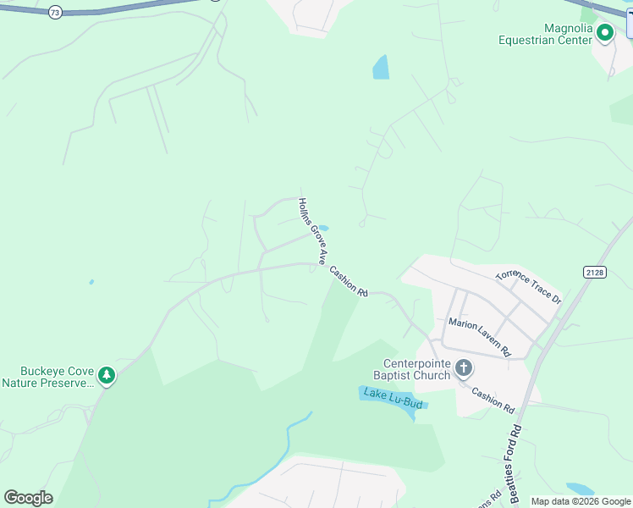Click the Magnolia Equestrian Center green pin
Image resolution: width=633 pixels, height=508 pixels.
point(605,33)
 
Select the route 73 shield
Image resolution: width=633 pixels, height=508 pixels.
point(55,13)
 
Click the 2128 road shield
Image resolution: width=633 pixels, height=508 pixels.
point(594,271)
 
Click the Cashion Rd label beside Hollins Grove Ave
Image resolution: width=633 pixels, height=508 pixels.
point(349,282)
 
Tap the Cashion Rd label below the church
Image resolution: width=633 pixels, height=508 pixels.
point(493,400)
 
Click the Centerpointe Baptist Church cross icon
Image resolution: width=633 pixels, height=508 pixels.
point(463,367)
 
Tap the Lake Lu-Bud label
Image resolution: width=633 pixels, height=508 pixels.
point(392,398)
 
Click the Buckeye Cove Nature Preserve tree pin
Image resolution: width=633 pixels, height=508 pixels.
point(107,374)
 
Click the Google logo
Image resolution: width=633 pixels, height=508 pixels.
point(28,498)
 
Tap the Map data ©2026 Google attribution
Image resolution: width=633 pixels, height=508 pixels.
point(581,501)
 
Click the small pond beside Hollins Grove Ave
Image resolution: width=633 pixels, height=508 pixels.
point(322,228)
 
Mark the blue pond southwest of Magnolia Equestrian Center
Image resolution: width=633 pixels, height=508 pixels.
point(382,68)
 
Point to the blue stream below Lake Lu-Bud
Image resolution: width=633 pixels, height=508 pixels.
point(288,449)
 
